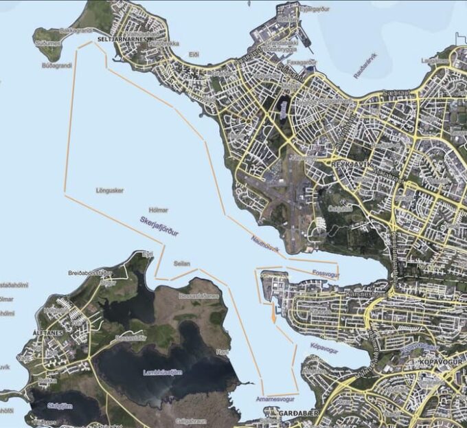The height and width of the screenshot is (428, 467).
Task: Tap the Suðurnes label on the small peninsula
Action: [47, 43]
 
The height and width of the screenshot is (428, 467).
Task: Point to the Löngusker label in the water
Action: [110, 190]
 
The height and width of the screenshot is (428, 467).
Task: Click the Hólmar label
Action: [158, 210]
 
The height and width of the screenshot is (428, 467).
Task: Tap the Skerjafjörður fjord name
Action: [159, 227]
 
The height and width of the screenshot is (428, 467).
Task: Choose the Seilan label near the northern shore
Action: [182, 263]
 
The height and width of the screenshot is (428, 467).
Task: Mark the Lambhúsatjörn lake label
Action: [163, 372]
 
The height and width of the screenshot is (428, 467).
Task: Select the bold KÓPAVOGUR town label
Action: [437, 360]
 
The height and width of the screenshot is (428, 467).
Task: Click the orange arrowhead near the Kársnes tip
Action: [273, 318]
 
